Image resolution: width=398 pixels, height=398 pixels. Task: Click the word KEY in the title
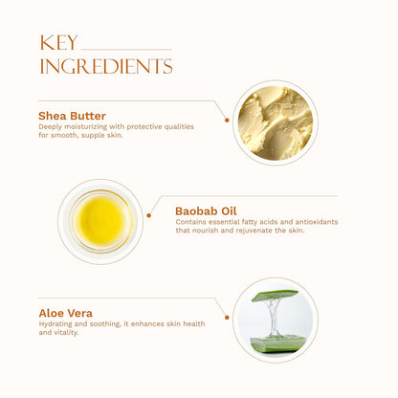click(58, 43)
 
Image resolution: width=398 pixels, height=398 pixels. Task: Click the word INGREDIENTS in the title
click(106, 66)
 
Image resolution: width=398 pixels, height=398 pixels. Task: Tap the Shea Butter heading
click(72, 116)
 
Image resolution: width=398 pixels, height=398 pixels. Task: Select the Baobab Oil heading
click(206, 210)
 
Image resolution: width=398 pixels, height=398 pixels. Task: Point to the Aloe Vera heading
click(66, 313)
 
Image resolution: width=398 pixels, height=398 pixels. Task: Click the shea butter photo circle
click(276, 122)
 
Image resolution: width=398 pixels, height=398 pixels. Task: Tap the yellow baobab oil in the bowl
click(101, 221)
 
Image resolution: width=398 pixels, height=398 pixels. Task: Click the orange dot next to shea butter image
click(227, 121)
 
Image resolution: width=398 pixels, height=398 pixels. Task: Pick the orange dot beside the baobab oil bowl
click(148, 215)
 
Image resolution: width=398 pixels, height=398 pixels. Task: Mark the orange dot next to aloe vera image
click(227, 318)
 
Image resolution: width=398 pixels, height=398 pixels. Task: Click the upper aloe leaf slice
click(275, 296)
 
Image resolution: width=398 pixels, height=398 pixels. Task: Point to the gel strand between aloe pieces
click(273, 318)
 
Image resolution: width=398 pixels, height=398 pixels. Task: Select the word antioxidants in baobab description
click(317, 222)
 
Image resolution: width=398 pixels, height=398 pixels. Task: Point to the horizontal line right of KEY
click(126, 50)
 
